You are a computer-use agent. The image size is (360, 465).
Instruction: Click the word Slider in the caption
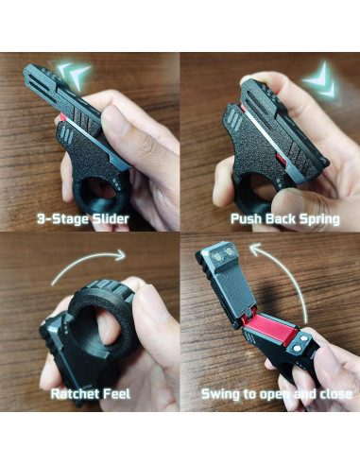110,218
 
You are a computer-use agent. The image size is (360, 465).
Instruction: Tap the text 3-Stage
62,219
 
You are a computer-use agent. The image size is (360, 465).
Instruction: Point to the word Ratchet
76,394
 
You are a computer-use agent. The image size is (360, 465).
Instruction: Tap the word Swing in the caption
220,394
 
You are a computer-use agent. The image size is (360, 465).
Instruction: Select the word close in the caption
336,394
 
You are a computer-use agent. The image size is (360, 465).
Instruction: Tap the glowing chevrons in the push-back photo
319,80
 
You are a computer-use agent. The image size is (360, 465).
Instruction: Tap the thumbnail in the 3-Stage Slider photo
116,120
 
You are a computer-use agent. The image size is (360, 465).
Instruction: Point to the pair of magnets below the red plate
301,343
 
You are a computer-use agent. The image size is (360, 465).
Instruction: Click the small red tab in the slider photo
62,118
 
